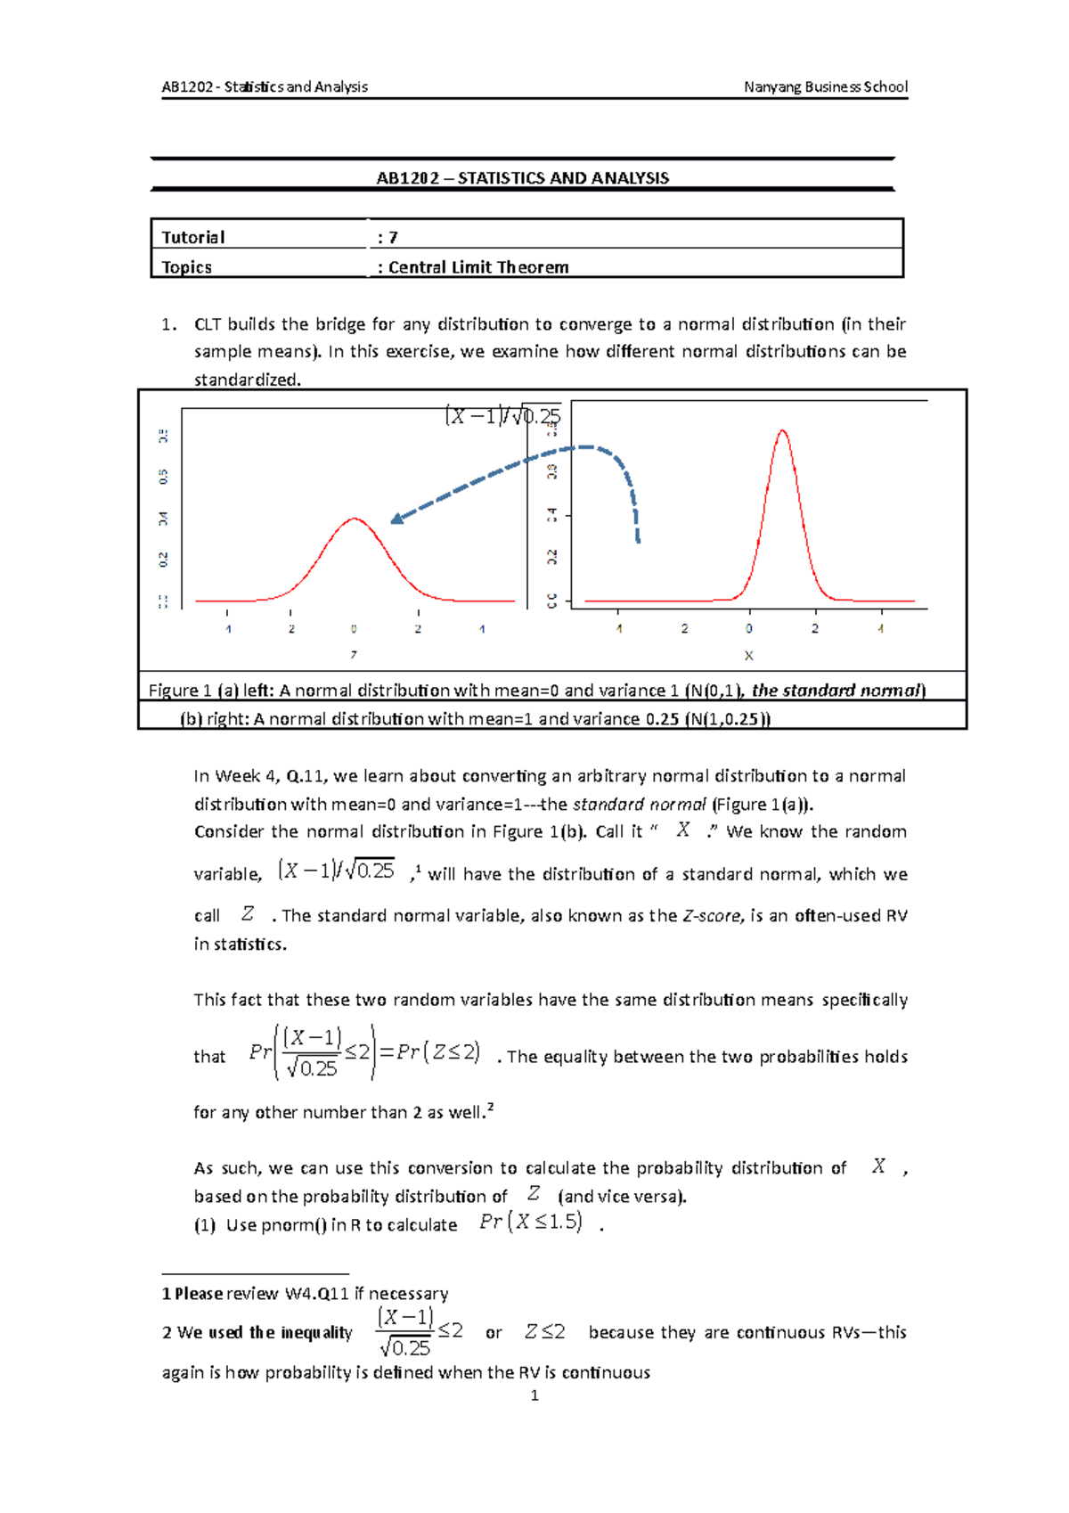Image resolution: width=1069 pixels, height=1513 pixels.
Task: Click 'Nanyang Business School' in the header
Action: pos(826,86)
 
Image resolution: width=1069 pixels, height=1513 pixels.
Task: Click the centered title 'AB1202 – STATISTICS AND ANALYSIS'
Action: pos(522,178)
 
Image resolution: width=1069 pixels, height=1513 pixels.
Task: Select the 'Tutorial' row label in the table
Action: pos(193,237)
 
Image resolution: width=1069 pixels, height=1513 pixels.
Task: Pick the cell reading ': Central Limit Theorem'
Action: pos(473,267)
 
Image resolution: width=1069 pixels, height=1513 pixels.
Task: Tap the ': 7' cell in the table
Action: pos(388,237)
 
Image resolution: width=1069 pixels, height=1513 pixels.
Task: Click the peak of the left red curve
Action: pos(355,518)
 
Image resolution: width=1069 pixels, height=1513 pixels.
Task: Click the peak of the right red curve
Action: pos(782,431)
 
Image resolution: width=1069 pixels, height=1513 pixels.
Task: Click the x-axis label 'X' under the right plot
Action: pos(748,656)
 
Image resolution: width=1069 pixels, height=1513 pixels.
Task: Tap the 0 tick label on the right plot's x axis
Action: pos(749,628)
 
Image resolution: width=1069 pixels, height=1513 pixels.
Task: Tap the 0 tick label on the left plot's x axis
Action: pos(354,629)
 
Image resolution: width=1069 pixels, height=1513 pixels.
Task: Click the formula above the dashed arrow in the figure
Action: pos(502,416)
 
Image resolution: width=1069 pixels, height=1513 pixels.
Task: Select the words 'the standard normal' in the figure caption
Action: pos(836,691)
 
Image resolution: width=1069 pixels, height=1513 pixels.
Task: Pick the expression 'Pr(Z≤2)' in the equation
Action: pos(438,1052)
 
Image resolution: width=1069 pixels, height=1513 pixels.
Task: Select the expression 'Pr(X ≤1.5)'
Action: pos(531,1223)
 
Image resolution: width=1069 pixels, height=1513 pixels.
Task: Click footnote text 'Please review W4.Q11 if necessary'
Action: pos(311,1294)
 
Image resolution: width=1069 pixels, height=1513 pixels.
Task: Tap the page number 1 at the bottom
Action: pos(534,1395)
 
